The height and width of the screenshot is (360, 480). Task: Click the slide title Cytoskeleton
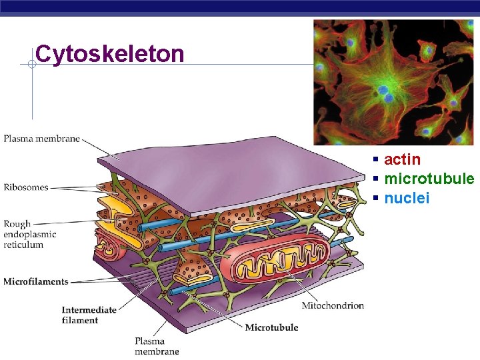pyautogui.click(x=110, y=53)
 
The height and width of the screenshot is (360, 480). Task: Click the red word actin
pyautogui.click(x=402, y=159)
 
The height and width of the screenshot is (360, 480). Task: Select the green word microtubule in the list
pyautogui.click(x=429, y=179)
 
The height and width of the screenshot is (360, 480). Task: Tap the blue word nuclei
pyautogui.click(x=407, y=198)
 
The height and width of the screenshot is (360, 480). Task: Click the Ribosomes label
pyautogui.click(x=26, y=187)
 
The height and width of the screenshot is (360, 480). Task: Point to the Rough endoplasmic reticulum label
pyautogui.click(x=29, y=235)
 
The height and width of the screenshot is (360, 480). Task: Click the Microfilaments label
pyautogui.click(x=36, y=281)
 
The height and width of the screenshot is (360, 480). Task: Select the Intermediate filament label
pyautogui.click(x=89, y=315)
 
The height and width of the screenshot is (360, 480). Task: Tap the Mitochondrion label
pyautogui.click(x=333, y=305)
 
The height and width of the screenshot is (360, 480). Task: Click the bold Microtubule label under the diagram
pyautogui.click(x=271, y=327)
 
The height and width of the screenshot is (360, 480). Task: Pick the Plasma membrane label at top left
pyautogui.click(x=41, y=139)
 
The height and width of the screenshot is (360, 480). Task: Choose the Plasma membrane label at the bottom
pyautogui.click(x=157, y=346)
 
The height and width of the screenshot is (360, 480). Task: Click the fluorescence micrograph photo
pyautogui.click(x=393, y=81)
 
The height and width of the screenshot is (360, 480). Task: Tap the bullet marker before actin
pyautogui.click(x=376, y=160)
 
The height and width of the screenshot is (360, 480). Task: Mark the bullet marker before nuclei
pyautogui.click(x=376, y=199)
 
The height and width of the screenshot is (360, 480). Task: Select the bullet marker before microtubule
pyautogui.click(x=376, y=179)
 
